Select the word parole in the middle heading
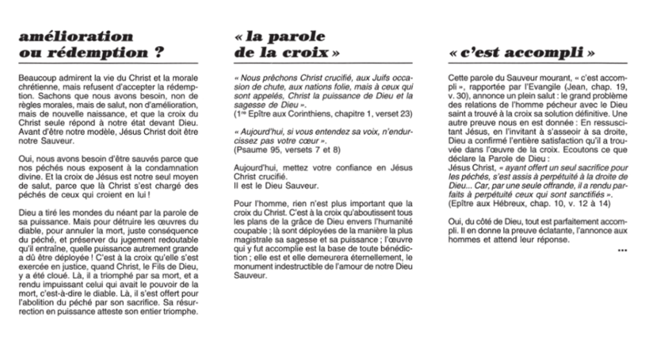[294, 36]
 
